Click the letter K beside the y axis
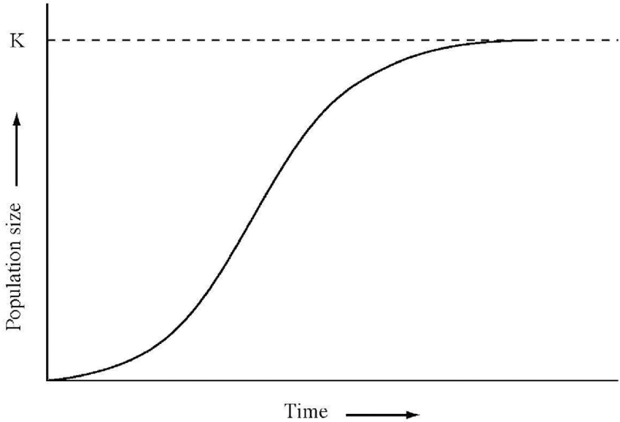[15, 41]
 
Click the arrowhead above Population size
[17, 120]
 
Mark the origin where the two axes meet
[47, 380]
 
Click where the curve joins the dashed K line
[532, 40]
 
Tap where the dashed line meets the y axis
[47, 40]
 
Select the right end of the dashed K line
[617, 40]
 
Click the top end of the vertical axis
[47, 4]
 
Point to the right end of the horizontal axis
[618, 380]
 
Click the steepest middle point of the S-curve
[252, 212]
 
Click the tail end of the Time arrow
[346, 415]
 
